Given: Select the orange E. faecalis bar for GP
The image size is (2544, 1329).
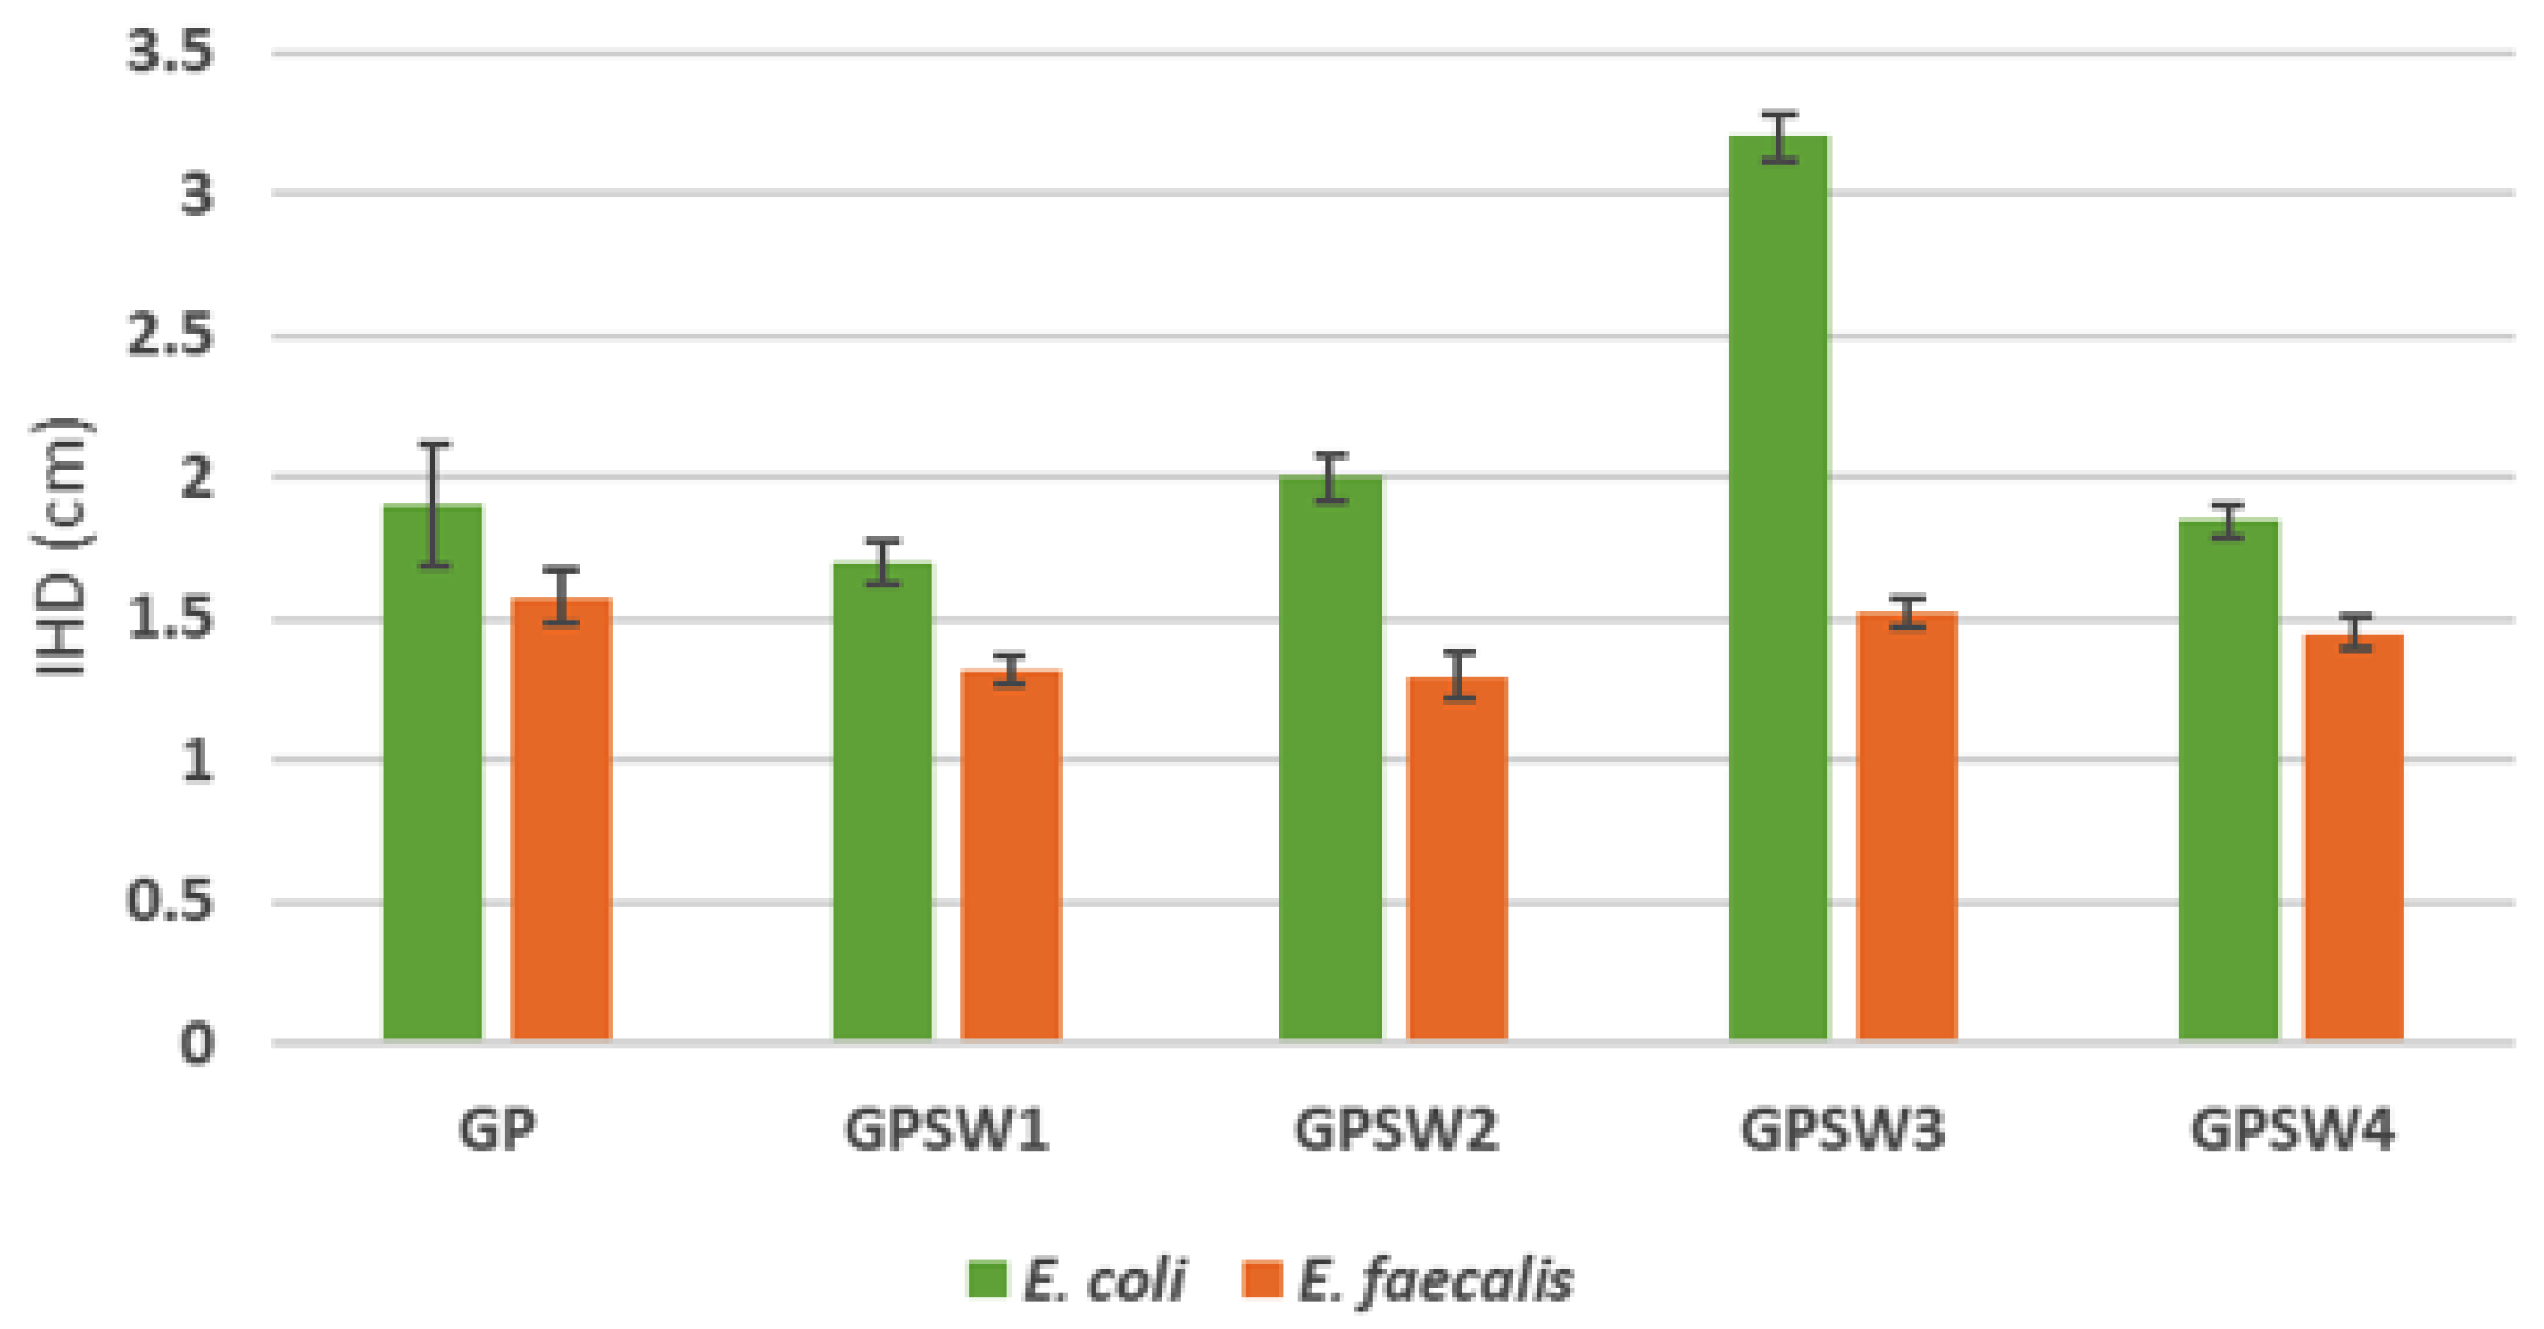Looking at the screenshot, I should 561,818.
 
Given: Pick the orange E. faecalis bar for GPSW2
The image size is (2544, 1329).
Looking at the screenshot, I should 1457,858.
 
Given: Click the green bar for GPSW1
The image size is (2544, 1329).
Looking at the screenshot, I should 882,800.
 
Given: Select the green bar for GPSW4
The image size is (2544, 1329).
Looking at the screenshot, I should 2229,779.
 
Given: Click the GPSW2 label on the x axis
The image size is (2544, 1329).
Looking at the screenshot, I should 1395,1131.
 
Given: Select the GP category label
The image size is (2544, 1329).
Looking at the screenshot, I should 497,1131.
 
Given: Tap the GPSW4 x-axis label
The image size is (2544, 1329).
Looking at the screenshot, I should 2292,1131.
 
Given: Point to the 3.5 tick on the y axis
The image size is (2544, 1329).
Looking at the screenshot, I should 170,52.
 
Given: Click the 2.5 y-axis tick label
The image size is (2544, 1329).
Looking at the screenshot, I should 170,336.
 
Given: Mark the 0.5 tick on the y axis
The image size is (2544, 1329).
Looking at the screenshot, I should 170,901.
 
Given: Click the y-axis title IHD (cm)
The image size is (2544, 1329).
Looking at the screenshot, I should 61,548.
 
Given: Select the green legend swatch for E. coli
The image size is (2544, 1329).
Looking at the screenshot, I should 987,1280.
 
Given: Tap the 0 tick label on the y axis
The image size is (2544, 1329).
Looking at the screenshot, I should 197,1044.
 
